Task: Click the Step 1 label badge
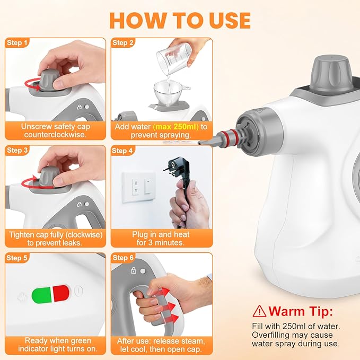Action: (x=17, y=42)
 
